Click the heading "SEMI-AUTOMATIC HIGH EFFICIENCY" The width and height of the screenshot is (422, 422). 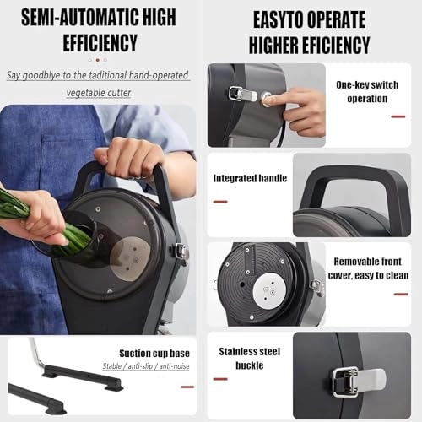[100, 30]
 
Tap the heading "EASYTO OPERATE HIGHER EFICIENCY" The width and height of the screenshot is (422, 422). [311, 32]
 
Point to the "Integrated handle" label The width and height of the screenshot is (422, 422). [249, 179]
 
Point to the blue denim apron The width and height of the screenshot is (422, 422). [34, 279]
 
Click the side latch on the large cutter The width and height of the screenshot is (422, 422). [180, 251]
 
